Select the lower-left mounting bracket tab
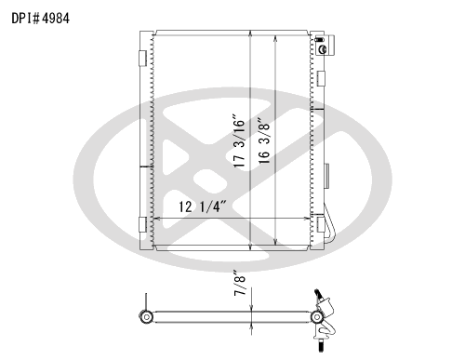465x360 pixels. (141, 226)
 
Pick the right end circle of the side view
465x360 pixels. (317, 317)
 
